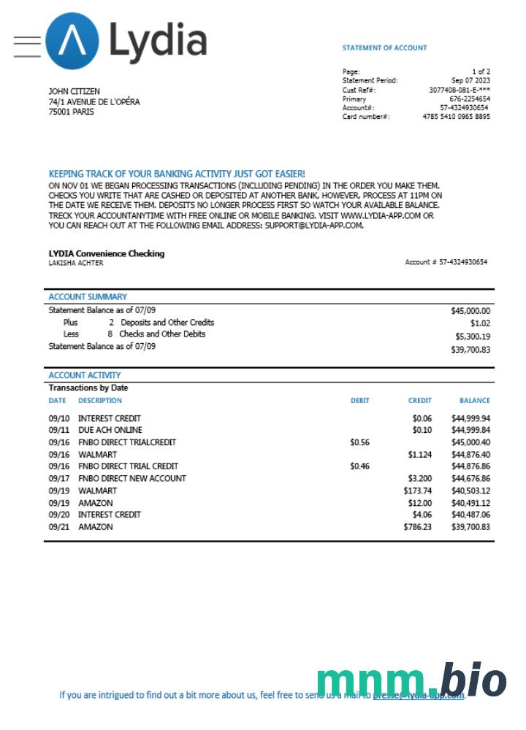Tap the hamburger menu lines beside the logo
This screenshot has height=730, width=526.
point(27,46)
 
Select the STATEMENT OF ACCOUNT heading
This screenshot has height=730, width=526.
point(384,48)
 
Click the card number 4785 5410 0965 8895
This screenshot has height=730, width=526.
point(457,117)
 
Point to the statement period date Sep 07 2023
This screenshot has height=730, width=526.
point(470,80)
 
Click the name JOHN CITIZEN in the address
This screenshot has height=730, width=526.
point(75,91)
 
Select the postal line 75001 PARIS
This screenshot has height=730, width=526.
point(71,112)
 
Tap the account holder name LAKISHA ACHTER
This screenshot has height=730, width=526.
point(76,263)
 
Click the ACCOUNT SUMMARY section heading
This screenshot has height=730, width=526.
point(88,297)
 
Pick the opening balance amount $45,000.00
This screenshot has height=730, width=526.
point(470,310)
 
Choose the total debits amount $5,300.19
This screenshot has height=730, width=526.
point(473,337)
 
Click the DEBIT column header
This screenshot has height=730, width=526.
point(359,401)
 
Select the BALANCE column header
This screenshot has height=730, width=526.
point(474,401)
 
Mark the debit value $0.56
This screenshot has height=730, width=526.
point(359,442)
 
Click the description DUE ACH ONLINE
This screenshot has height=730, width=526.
point(110,431)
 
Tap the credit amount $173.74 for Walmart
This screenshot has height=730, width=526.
point(417,491)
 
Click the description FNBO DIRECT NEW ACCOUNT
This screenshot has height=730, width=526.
point(132,478)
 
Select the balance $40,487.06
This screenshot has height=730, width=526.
point(470,515)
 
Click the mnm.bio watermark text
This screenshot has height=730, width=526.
point(411,680)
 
